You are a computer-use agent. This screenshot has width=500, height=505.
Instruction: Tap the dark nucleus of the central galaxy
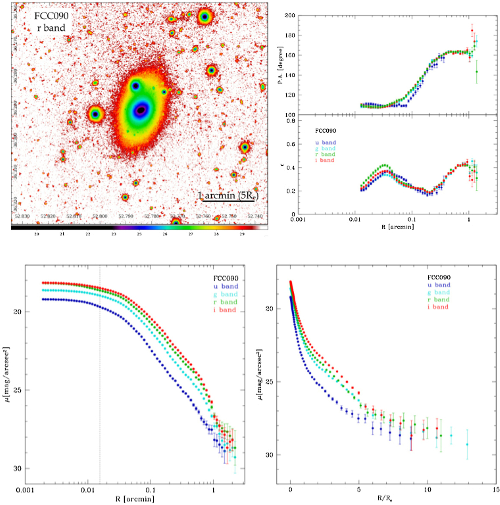141,110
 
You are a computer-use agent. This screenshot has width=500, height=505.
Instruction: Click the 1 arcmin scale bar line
228,201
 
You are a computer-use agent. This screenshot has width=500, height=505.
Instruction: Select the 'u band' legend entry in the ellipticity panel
325,142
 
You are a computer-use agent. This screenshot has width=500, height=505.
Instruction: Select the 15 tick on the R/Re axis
495,490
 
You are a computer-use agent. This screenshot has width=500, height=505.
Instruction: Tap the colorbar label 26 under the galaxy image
165,234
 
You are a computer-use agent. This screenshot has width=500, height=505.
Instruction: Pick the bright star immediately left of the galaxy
95,114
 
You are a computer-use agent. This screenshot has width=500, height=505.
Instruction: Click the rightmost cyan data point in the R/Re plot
467,444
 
